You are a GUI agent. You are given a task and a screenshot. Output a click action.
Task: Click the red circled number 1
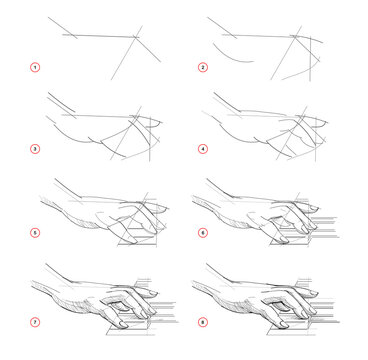[34, 68]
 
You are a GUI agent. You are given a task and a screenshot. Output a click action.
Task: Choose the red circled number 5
[34, 236]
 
